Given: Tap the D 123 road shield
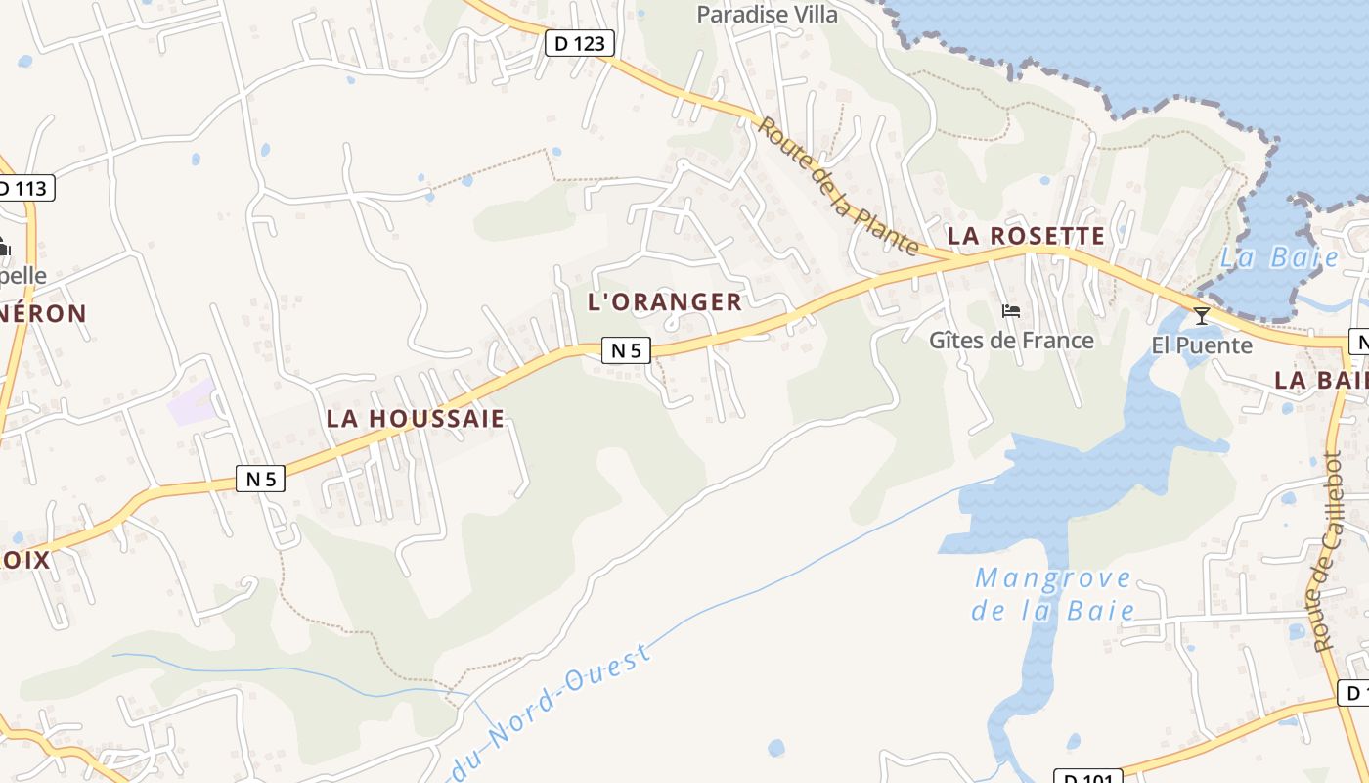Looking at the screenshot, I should pos(580,43).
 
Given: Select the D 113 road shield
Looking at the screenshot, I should pos(25,188).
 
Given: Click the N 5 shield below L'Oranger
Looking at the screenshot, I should pos(626,349).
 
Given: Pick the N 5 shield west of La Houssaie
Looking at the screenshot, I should pos(261,479).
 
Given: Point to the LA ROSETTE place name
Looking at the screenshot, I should pos(1026,236).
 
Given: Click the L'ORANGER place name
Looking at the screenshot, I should pos(665,301).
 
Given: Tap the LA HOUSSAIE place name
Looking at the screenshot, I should pos(416,419).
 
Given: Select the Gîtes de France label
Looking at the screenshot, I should pos(1011,341).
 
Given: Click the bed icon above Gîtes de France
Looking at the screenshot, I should pos(1011,312).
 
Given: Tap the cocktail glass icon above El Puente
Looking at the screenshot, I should pos(1202,315).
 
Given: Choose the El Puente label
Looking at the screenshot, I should pos(1202,345).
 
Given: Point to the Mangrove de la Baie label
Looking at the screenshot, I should pos(1054,594).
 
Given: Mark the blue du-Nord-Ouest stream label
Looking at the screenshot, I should pos(552,708).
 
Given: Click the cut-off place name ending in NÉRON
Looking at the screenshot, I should pos(44,314).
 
